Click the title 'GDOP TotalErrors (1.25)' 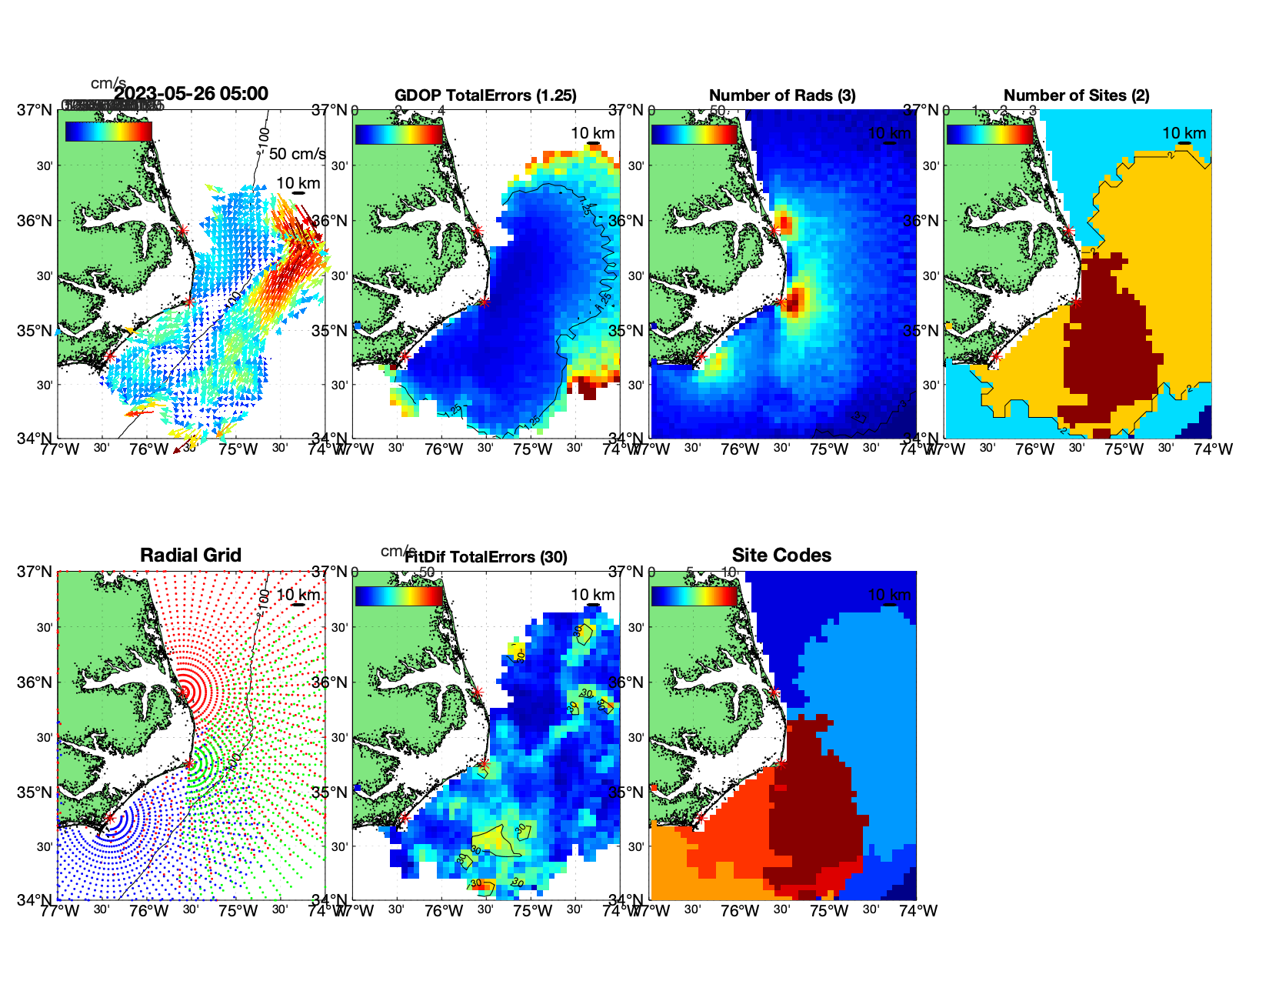pyautogui.click(x=485, y=95)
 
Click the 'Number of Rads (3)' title pyautogui.click(x=782, y=95)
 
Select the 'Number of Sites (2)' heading pyautogui.click(x=1076, y=95)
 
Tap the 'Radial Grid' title pyautogui.click(x=191, y=556)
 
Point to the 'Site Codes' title pyautogui.click(x=781, y=556)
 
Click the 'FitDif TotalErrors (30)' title pyautogui.click(x=486, y=557)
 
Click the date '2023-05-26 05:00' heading pyautogui.click(x=191, y=94)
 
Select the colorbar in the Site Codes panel pyautogui.click(x=694, y=596)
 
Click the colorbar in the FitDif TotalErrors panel pyautogui.click(x=399, y=596)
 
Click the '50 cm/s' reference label pyautogui.click(x=297, y=154)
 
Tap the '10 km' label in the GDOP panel pyautogui.click(x=592, y=133)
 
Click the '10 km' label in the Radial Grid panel pyautogui.click(x=298, y=595)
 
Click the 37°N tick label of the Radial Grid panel pyautogui.click(x=35, y=572)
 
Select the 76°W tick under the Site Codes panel pyautogui.click(x=740, y=911)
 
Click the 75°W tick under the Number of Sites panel pyautogui.click(x=1124, y=449)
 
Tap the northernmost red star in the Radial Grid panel pyautogui.click(x=182, y=692)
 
